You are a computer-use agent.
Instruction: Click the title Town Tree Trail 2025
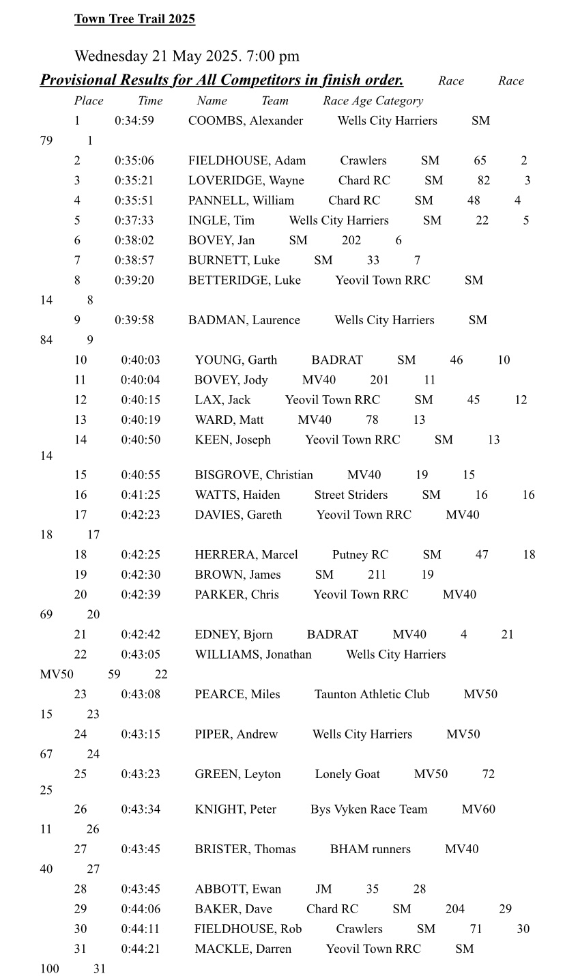coord(134,19)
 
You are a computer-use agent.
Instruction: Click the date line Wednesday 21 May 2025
coord(186,56)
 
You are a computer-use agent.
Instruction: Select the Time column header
coord(150,101)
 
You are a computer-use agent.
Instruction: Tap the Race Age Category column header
coord(373,101)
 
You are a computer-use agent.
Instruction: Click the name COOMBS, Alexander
coord(246,121)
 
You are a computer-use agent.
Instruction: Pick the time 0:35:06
coord(134,161)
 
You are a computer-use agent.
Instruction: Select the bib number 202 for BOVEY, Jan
coord(351,240)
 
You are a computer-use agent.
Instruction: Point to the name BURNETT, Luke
coord(234,261)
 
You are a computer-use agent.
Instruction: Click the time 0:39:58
coord(134,320)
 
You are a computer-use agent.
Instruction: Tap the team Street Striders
coord(351,495)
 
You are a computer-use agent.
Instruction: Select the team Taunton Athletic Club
coord(372,694)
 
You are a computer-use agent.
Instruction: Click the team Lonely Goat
coord(347,774)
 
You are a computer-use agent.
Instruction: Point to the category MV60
coord(478,809)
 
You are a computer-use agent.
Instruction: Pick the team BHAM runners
coord(371,849)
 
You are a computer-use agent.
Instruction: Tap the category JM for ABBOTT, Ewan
coord(323,889)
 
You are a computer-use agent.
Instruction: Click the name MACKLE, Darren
coord(243,949)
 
